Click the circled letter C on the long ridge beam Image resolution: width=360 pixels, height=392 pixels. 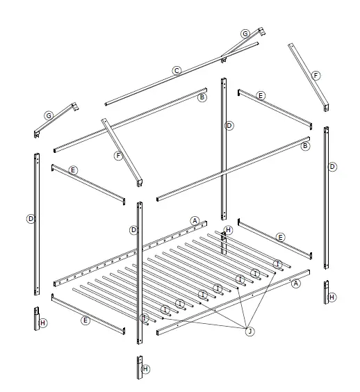pyautogui.click(x=177, y=70)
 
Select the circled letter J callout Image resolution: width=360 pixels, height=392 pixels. pyautogui.click(x=249, y=331)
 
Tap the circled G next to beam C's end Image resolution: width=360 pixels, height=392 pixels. pyautogui.click(x=245, y=34)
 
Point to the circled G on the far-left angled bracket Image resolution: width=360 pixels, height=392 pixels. pyautogui.click(x=49, y=115)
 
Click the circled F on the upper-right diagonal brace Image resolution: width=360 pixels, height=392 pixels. pyautogui.click(x=316, y=75)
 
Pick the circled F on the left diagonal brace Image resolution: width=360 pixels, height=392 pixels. pyautogui.click(x=119, y=156)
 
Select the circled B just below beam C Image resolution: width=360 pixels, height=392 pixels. pyautogui.click(x=202, y=97)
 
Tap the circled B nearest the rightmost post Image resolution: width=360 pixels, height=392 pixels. pyautogui.click(x=304, y=146)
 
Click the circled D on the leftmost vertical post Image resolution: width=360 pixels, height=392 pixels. pyautogui.click(x=31, y=218)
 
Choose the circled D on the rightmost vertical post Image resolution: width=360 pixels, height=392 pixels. pyautogui.click(x=332, y=167)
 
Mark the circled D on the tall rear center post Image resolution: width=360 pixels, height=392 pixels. pyautogui.click(x=229, y=126)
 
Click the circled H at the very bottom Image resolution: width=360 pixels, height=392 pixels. pyautogui.click(x=145, y=369)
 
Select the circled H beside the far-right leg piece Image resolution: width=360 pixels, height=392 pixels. pyautogui.click(x=332, y=297)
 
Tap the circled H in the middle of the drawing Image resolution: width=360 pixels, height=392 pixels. pyautogui.click(x=228, y=230)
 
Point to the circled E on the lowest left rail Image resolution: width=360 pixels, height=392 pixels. pyautogui.click(x=85, y=320)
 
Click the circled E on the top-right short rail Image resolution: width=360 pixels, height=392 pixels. pyautogui.click(x=261, y=95)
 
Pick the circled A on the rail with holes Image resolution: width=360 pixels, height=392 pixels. pyautogui.click(x=195, y=220)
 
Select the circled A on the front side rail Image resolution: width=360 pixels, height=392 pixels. pyautogui.click(x=295, y=283)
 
